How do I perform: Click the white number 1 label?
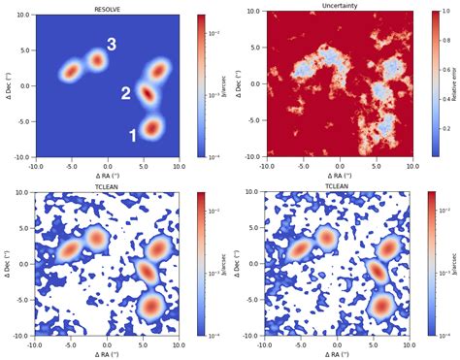(x=134, y=137)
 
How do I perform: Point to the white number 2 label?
(x=125, y=94)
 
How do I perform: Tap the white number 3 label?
(x=112, y=45)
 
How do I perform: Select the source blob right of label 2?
(x=147, y=93)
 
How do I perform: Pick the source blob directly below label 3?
(x=97, y=60)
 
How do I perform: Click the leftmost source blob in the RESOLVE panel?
(x=72, y=71)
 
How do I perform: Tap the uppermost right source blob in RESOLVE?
(x=158, y=70)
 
